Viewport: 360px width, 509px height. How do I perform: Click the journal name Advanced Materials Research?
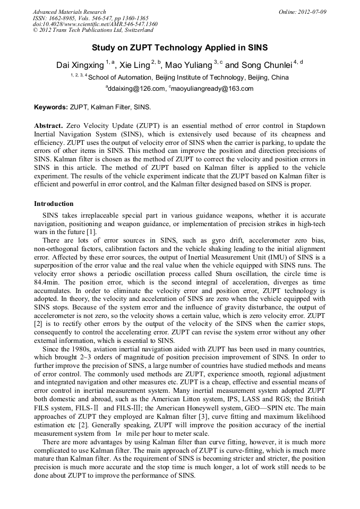coord(69,12)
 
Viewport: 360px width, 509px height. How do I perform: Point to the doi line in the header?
coord(95,24)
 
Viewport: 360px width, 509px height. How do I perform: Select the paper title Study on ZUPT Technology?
coord(179,47)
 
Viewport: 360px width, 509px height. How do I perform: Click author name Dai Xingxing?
coord(80,66)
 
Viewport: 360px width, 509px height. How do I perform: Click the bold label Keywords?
coord(51,107)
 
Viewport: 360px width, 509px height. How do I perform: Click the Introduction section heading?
coord(54,204)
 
